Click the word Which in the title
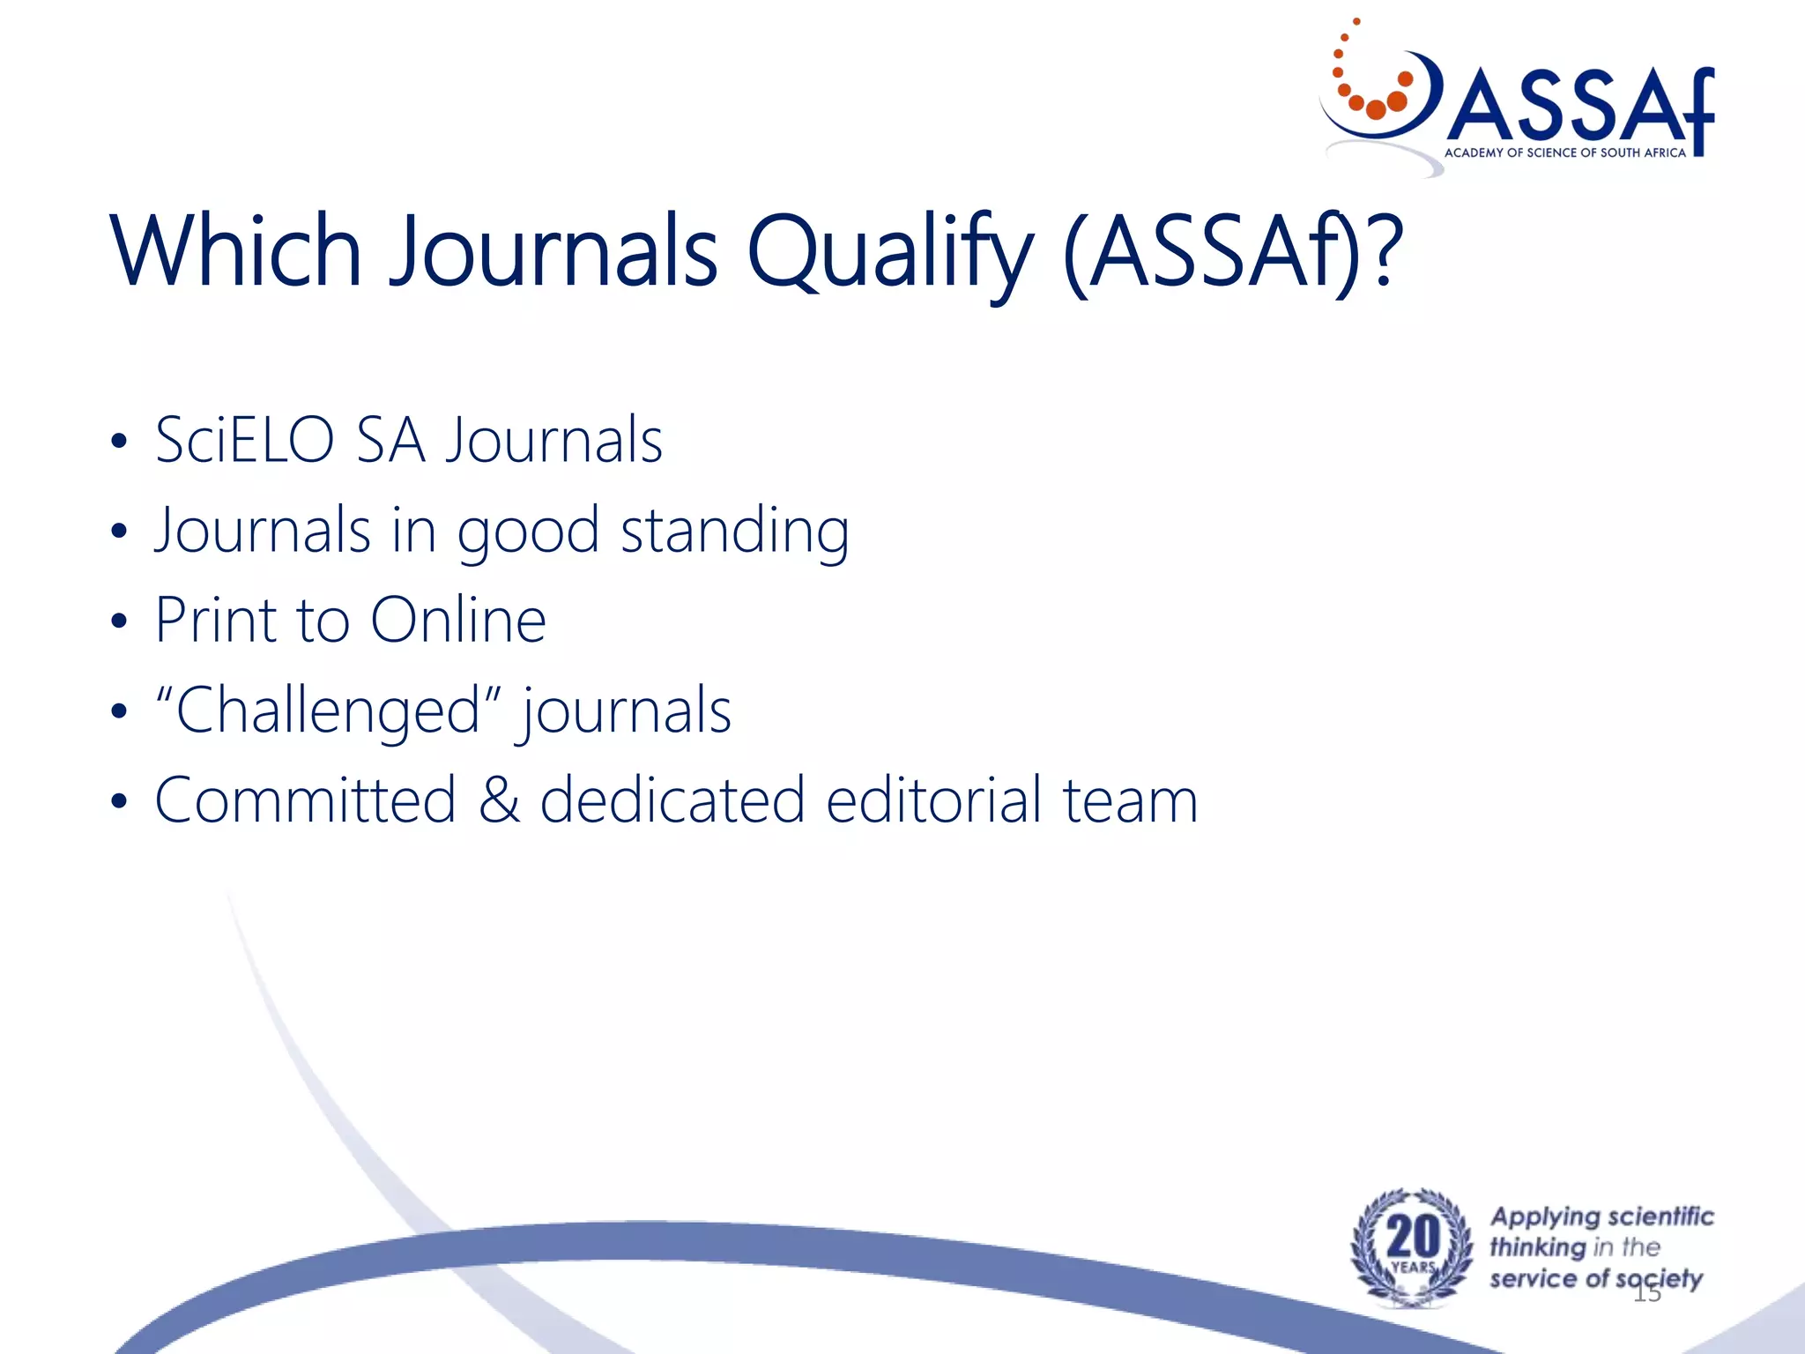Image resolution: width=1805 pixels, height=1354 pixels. (236, 252)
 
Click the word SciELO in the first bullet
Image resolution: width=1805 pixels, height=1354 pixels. (245, 440)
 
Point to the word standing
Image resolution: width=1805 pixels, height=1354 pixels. (735, 532)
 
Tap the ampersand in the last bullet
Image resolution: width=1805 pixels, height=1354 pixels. (499, 800)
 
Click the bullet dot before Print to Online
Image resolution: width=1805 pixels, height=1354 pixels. (119, 622)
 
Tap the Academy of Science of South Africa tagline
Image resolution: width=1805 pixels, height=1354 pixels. (1564, 153)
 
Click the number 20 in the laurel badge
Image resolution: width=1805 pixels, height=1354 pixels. (1413, 1236)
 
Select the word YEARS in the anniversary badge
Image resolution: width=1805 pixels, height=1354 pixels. (1413, 1268)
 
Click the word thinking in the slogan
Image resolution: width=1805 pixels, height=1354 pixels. (1537, 1247)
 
